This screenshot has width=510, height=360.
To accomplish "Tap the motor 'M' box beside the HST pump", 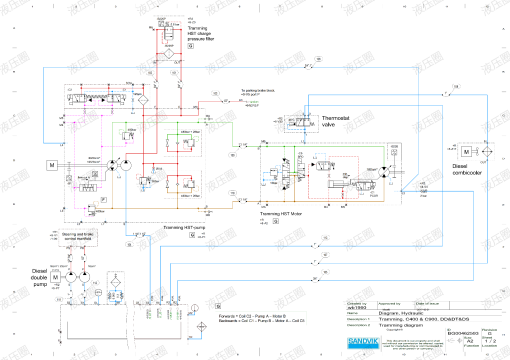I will [51, 163].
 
